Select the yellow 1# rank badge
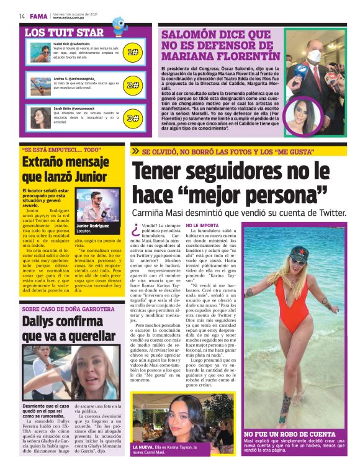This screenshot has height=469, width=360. [132, 53]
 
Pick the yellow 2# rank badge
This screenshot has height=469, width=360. [132, 84]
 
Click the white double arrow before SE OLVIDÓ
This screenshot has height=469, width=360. [135, 151]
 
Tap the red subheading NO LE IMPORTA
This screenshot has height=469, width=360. [184, 225]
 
